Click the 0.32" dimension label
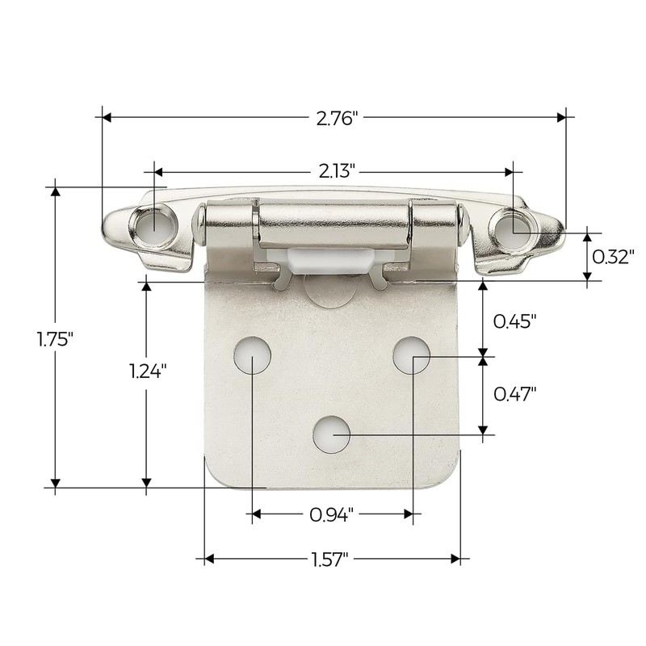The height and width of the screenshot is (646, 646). coord(613,257)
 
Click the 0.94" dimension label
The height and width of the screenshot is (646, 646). coord(333,514)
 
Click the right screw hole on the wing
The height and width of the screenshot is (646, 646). coord(516,224)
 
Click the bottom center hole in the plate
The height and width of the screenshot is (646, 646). coord(332,434)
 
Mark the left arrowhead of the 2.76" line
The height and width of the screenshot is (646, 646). coord(103,117)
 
